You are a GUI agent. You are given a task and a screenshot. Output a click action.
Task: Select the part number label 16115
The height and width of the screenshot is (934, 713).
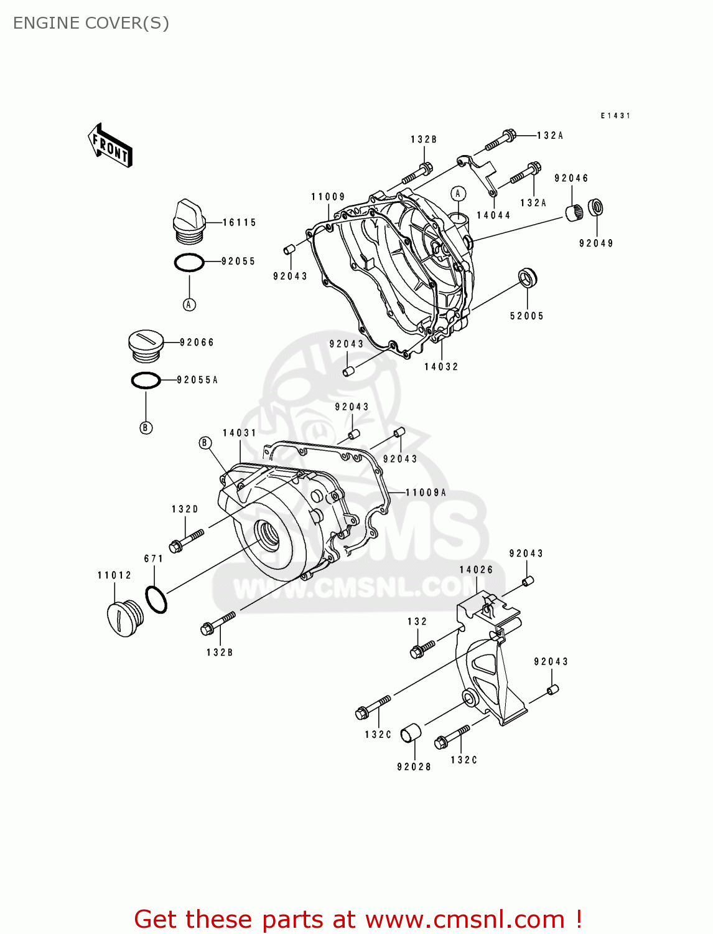[240, 222]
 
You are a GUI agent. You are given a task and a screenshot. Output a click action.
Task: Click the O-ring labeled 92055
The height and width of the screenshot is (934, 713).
[189, 263]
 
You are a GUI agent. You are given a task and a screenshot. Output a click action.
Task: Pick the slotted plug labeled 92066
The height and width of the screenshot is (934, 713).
[146, 345]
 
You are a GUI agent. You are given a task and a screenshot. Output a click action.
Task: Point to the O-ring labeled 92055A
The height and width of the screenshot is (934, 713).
[146, 380]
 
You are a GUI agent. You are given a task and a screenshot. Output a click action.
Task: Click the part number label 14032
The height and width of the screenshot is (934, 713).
[441, 367]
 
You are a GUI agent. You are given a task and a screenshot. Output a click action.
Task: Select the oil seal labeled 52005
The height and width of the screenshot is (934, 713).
[528, 278]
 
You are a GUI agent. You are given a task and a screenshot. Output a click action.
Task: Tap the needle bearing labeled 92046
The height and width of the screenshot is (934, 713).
[574, 212]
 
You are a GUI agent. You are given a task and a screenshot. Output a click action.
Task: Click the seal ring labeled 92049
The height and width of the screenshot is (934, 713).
[596, 207]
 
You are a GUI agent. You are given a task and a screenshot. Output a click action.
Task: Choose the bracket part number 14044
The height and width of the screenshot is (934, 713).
[493, 215]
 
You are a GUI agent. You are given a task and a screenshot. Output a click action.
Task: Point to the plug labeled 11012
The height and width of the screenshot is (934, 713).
[125, 618]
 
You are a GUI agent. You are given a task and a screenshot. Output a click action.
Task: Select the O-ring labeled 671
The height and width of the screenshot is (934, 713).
[156, 600]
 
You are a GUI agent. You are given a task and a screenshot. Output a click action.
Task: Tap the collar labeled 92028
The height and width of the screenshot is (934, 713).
[410, 733]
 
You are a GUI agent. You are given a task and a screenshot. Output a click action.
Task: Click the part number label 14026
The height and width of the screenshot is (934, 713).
[476, 570]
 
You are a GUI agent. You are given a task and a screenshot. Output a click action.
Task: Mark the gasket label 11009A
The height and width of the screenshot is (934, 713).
[426, 493]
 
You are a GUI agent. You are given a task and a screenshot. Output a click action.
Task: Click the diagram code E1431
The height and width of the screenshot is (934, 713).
[615, 116]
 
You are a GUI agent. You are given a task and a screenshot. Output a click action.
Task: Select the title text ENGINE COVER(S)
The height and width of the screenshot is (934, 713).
[91, 23]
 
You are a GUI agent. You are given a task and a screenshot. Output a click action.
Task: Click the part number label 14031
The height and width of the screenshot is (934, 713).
[240, 433]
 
